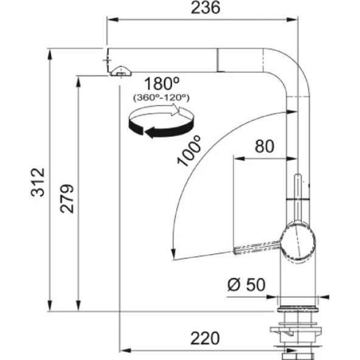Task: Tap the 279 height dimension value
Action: [67, 198]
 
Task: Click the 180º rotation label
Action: [159, 83]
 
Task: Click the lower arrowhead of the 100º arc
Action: [174, 253]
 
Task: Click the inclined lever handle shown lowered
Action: [255, 247]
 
